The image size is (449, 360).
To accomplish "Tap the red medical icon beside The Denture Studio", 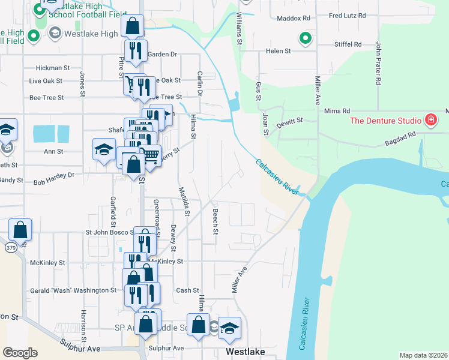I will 430,120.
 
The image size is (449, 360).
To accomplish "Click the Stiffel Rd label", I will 349,44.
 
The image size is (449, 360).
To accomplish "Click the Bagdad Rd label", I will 400,139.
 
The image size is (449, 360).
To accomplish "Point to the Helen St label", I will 278,52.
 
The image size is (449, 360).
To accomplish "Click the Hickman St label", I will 53,68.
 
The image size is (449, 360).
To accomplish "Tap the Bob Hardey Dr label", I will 53,179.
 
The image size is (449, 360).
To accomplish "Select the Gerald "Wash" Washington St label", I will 73,290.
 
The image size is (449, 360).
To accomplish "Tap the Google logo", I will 20,353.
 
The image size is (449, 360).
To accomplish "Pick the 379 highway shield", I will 11,247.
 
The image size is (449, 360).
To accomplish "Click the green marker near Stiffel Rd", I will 306,39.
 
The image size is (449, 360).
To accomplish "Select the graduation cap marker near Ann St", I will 104,149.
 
